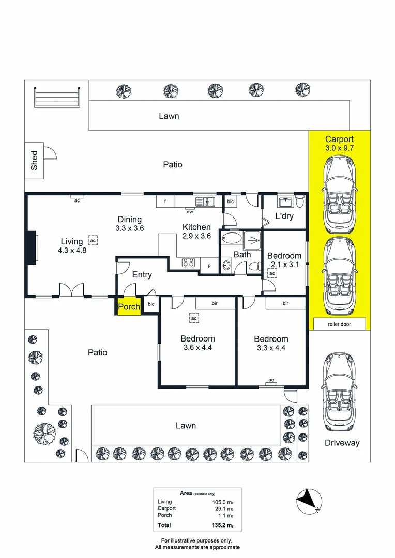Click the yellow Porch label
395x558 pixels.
(x=129, y=306)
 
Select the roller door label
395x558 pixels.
(x=339, y=324)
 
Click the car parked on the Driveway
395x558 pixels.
(x=339, y=393)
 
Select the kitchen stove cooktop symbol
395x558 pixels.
(x=188, y=262)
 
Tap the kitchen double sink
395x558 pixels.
(x=205, y=201)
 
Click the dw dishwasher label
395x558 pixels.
(x=189, y=211)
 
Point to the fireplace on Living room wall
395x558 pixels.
(x=32, y=249)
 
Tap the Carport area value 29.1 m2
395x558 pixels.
(x=224, y=508)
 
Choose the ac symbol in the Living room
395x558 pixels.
(x=93, y=241)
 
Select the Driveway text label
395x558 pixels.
(x=342, y=443)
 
